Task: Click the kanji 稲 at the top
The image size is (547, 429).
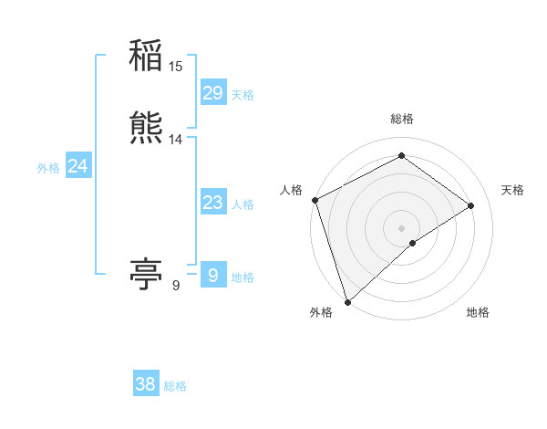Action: [x=146, y=58]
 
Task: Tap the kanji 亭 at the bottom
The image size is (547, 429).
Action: [x=146, y=275]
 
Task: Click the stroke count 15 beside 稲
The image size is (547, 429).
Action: [x=176, y=67]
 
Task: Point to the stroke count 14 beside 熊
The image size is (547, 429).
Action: [x=176, y=140]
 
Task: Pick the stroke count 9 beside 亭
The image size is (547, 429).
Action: [x=175, y=286]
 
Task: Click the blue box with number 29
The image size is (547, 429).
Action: [x=212, y=93]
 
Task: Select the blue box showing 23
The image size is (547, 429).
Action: [x=212, y=203]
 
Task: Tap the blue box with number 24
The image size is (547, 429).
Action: [x=77, y=166]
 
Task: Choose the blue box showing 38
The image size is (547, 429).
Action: [x=146, y=384]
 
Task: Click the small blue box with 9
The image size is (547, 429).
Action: [x=212, y=274]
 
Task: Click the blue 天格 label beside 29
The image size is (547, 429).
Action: [x=243, y=95]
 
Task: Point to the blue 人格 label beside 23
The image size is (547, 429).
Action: [x=243, y=204]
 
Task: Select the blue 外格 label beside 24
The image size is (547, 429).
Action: [x=48, y=168]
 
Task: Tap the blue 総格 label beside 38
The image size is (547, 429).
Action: [x=175, y=386]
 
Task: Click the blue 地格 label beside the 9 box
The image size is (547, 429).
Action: [x=243, y=277]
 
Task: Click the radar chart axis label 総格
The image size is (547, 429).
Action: [x=401, y=119]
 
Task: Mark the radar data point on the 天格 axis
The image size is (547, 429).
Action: [x=471, y=205]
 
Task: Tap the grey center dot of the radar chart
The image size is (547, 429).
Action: [x=401, y=226]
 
